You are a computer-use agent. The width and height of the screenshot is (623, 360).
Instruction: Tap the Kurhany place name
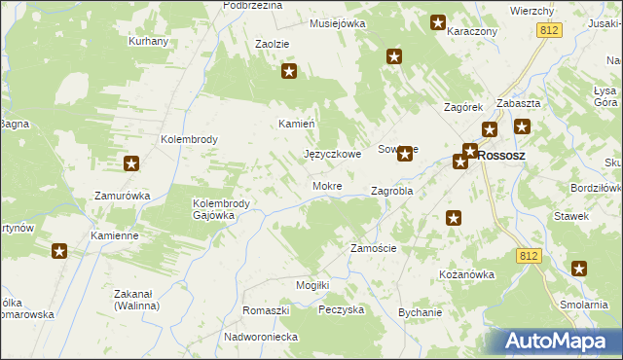coord(149,42)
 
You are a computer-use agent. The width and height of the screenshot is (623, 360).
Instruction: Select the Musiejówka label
coord(337,23)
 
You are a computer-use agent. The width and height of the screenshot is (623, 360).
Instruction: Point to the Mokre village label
coord(326,185)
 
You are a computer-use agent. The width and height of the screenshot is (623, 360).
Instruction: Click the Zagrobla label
coord(392,192)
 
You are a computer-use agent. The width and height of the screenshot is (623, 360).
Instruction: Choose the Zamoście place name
coord(373,248)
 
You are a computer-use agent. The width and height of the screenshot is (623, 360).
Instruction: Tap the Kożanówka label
coord(467,274)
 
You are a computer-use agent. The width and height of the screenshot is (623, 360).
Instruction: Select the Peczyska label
coord(341,309)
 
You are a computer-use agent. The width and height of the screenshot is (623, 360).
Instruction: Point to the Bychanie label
coord(420,312)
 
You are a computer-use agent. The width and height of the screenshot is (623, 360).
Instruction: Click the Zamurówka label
coord(122,196)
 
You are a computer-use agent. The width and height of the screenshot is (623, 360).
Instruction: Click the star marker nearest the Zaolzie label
coord(289,71)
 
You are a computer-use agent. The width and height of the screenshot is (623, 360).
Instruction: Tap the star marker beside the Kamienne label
coord(59,252)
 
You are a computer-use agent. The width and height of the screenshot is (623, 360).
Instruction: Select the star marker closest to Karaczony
coord(437,21)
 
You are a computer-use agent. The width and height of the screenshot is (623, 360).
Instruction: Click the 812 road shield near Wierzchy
coord(547,31)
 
